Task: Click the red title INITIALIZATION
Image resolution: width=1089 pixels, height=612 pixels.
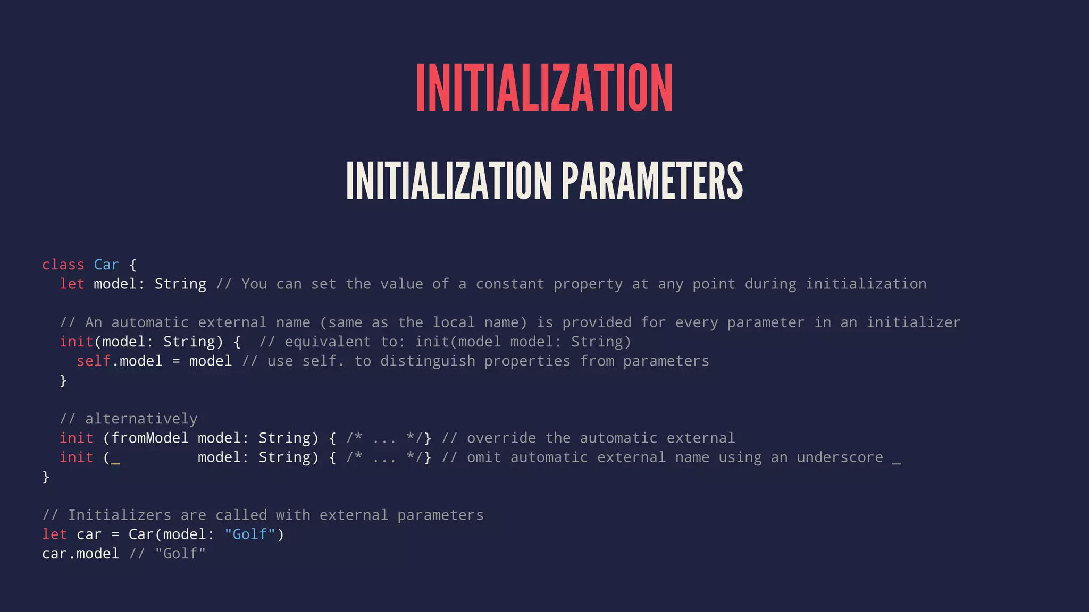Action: pyautogui.click(x=544, y=88)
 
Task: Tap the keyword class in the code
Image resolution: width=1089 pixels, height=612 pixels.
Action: pyautogui.click(x=63, y=265)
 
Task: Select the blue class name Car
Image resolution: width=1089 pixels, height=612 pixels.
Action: pyautogui.click(x=106, y=265)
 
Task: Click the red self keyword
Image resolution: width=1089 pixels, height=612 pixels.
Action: pyautogui.click(x=94, y=361)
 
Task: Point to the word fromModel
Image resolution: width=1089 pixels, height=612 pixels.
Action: pyautogui.click(x=150, y=438)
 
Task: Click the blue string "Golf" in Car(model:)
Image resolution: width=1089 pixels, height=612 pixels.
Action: pyautogui.click(x=250, y=534)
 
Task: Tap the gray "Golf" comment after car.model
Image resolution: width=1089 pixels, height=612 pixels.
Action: pyautogui.click(x=180, y=554)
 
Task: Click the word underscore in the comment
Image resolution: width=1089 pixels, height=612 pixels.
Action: pyautogui.click(x=840, y=457)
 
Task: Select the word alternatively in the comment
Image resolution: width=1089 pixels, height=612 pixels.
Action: pyautogui.click(x=141, y=419)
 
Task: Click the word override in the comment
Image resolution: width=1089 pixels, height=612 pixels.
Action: pyautogui.click(x=501, y=438)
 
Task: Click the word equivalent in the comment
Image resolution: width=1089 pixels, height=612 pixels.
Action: pyautogui.click(x=328, y=342)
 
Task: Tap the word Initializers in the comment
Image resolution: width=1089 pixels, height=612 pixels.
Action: pyautogui.click(x=120, y=515)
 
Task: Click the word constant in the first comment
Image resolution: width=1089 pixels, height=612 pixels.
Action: pyautogui.click(x=510, y=284)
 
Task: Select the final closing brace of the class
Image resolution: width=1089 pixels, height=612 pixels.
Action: pyautogui.click(x=46, y=477)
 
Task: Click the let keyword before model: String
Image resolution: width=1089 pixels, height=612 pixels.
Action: pyautogui.click(x=72, y=284)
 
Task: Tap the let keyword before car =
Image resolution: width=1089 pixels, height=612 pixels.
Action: pyautogui.click(x=54, y=534)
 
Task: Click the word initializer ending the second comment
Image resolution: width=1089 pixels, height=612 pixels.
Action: pyautogui.click(x=914, y=322)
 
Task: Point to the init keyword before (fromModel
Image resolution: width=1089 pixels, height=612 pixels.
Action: pyautogui.click(x=76, y=438)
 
